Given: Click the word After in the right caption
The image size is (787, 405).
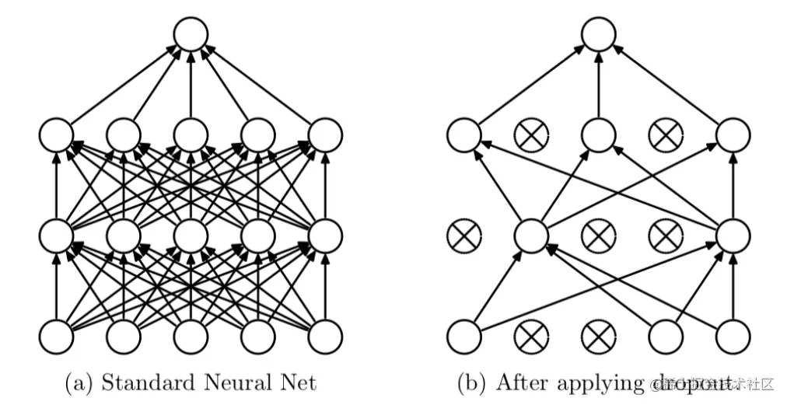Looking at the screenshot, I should pos(523,382).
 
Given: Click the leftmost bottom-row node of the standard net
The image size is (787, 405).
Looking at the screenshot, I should pos(57,336).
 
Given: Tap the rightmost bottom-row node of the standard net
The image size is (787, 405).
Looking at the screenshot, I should pos(325,336).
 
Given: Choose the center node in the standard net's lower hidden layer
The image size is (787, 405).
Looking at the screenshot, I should pos(191,235).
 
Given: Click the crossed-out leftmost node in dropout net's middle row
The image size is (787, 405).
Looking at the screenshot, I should pos(465,235).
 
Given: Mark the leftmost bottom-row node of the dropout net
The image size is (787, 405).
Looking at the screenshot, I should pos(465,336).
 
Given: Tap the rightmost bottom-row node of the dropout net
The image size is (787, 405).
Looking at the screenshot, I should pos(733,336).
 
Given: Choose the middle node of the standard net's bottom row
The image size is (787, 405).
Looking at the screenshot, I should pos(191,336).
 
